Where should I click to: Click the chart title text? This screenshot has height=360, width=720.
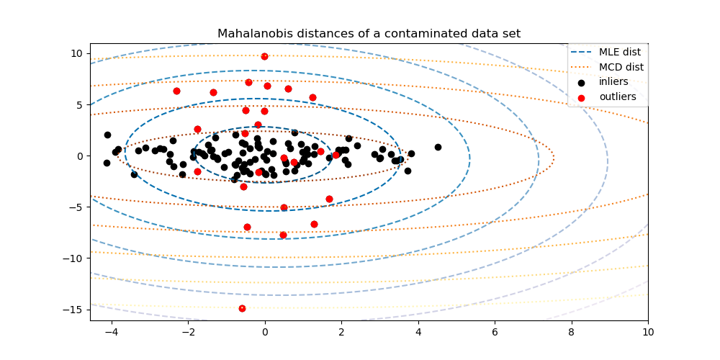click(x=369, y=33)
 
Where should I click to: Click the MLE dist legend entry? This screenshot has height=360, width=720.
click(x=619, y=52)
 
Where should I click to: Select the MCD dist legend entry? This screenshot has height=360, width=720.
click(x=619, y=67)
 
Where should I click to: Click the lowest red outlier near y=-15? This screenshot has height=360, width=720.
click(x=242, y=308)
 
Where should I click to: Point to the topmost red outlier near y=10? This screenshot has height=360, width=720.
click(x=264, y=56)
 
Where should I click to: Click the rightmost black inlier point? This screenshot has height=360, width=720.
click(x=438, y=147)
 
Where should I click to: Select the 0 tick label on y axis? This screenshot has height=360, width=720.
click(x=81, y=156)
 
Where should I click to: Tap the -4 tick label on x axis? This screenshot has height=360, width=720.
click(x=112, y=333)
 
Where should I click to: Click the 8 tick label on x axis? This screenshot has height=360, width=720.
click(x=572, y=333)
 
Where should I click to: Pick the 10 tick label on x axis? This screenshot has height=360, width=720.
click(x=648, y=333)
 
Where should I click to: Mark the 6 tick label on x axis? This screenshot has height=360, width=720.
click(x=495, y=333)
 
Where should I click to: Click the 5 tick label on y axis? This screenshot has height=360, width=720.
click(x=81, y=104)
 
